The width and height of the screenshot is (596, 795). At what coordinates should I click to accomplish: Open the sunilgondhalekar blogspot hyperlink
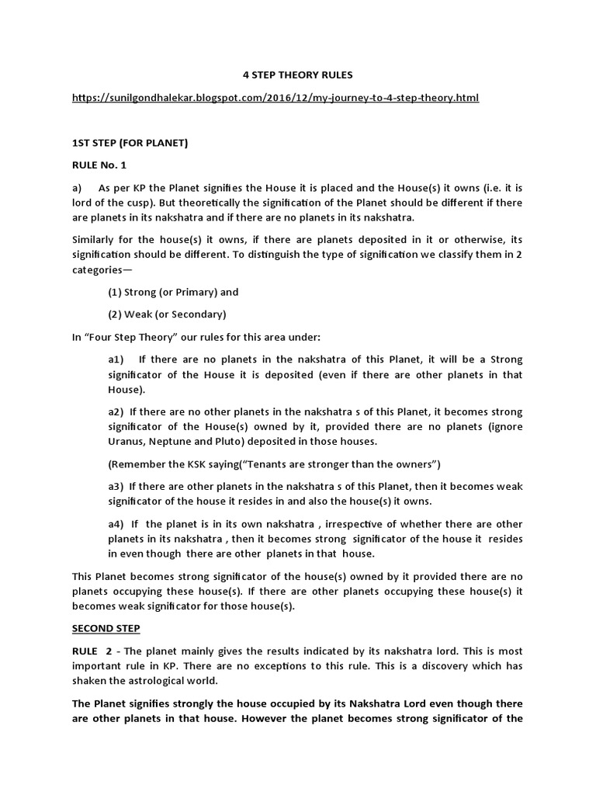[275, 98]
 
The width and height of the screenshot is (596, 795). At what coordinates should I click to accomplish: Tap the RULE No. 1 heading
[99, 165]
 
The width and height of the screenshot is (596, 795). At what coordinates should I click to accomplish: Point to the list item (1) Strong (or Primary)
[173, 293]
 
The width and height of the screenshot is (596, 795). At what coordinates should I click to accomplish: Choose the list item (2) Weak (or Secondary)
[167, 314]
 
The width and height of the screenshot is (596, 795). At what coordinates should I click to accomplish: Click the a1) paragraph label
[116, 359]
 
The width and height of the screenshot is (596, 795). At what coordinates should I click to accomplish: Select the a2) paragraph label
[116, 411]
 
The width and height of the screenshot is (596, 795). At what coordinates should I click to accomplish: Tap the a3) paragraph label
[116, 486]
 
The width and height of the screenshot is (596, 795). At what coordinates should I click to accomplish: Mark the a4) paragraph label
[116, 524]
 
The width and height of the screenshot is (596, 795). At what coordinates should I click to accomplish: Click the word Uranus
[126, 441]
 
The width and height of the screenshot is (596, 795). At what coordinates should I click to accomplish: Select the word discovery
[445, 665]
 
